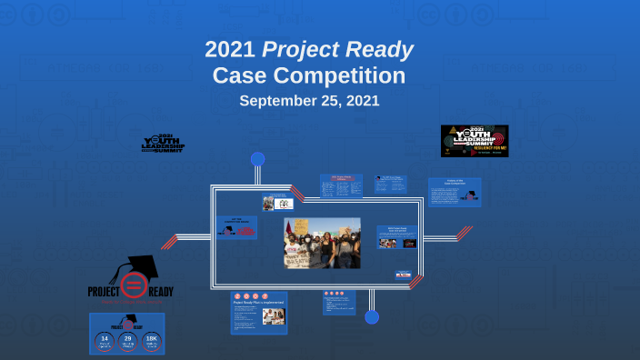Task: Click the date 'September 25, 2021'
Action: click(x=309, y=101)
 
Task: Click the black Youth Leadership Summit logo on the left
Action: click(x=163, y=143)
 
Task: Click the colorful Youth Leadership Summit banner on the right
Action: click(x=475, y=141)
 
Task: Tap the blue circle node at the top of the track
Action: click(x=257, y=159)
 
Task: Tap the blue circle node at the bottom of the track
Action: click(x=372, y=316)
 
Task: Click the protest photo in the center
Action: click(x=323, y=243)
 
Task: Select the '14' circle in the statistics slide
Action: click(x=105, y=341)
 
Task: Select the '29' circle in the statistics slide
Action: click(x=127, y=341)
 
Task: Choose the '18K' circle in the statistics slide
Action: click(x=151, y=341)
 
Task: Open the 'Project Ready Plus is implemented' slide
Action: click(x=258, y=312)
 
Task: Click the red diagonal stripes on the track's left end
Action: click(x=170, y=241)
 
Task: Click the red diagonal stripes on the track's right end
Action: click(x=464, y=233)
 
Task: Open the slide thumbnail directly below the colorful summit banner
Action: click(x=455, y=192)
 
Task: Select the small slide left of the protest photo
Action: click(x=237, y=227)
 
